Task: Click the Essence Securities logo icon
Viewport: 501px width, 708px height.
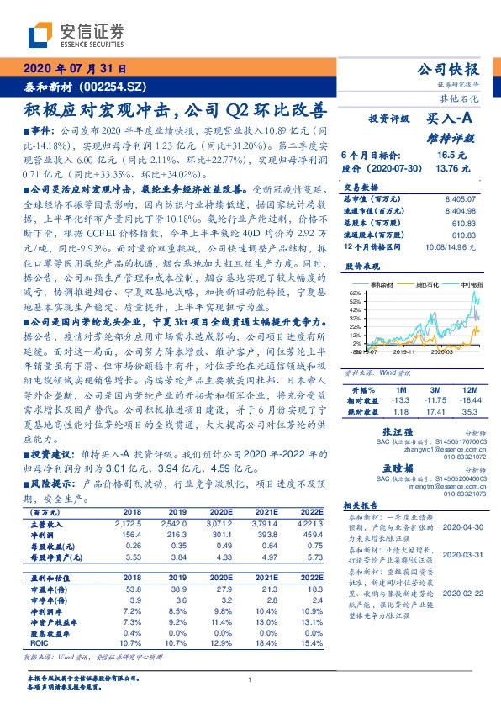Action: [x=41, y=34]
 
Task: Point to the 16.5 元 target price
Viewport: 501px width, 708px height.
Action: [x=446, y=156]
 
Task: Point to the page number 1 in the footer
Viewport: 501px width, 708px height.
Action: [x=250, y=679]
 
